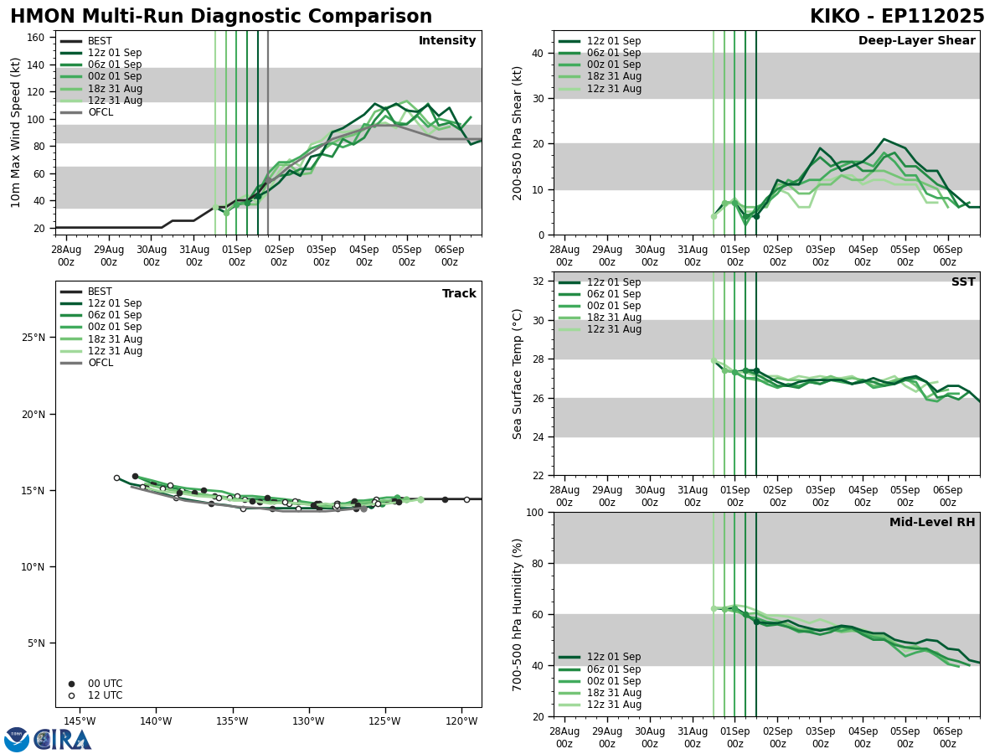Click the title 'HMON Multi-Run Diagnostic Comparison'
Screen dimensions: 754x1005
pyautogui.click(x=221, y=17)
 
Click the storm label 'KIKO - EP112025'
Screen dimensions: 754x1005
pyautogui.click(x=897, y=17)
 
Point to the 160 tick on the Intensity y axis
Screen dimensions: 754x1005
pyautogui.click(x=37, y=37)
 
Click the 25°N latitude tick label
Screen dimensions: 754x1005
pyautogui.click(x=33, y=338)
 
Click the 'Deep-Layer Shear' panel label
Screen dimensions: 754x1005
pyautogui.click(x=916, y=41)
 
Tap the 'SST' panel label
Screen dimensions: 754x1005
pyautogui.click(x=962, y=282)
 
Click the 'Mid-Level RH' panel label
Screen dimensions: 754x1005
pyautogui.click(x=932, y=523)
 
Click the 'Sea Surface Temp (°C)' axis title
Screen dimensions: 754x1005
pyautogui.click(x=518, y=374)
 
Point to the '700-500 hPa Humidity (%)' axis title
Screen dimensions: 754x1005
pyautogui.click(x=518, y=614)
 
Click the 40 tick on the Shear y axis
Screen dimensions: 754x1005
pyautogui.click(x=538, y=53)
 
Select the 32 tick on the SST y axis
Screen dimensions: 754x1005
pyautogui.click(x=538, y=281)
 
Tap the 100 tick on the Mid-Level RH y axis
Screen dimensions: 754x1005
pyautogui.click(x=534, y=512)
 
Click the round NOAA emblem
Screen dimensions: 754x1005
pyautogui.click(x=17, y=740)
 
